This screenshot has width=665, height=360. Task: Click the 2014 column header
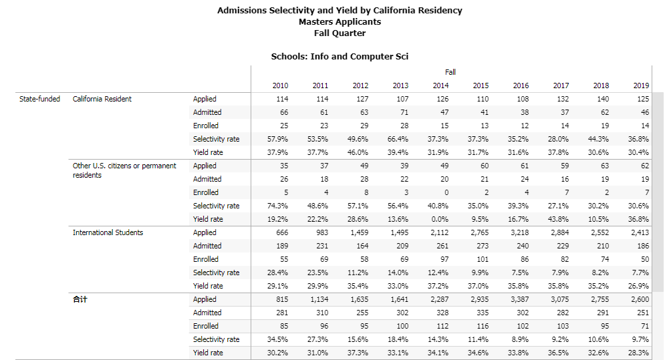pos(440,85)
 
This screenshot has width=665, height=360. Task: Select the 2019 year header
pos(641,85)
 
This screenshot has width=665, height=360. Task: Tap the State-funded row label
pos(40,99)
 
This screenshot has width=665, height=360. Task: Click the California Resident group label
pos(102,99)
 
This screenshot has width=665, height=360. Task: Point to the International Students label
pos(108,232)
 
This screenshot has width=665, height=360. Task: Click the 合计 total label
pos(80,299)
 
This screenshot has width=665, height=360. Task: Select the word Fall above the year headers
pos(450,72)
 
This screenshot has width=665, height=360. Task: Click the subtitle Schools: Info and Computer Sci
pos(340,56)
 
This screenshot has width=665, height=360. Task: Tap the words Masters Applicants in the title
pos(340,21)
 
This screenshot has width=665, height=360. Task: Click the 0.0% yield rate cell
pos(440,219)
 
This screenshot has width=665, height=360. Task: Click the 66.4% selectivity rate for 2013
pos(398,139)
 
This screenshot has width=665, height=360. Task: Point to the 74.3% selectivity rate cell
pos(278,206)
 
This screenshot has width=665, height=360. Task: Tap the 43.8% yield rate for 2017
pos(559,219)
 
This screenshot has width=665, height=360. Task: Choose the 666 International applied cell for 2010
pos(282,232)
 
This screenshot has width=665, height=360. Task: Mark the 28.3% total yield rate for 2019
pos(639,353)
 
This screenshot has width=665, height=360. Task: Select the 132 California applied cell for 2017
pos(562,99)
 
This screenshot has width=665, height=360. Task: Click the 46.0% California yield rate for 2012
pos(358,152)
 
